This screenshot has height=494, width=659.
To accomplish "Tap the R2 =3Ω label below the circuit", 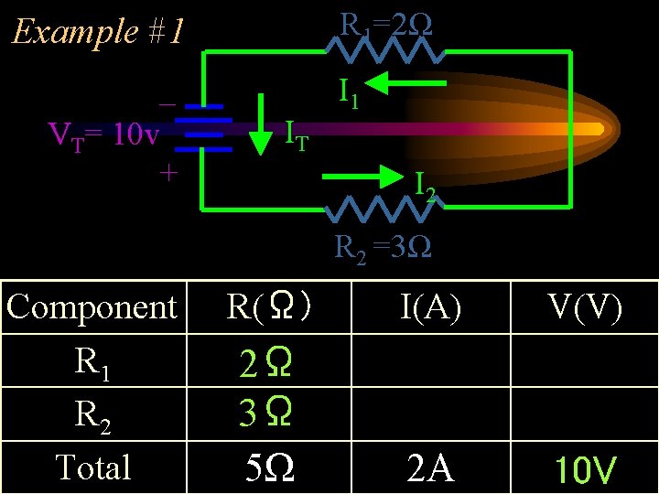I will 384,247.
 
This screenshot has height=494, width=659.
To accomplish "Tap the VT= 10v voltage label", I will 103,136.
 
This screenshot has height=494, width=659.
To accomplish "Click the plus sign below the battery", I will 167,172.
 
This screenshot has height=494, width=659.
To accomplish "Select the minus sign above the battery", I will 167,103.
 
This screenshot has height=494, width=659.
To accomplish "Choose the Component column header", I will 91,306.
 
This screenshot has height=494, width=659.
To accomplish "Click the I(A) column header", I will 430,307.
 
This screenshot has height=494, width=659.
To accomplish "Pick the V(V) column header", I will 587,307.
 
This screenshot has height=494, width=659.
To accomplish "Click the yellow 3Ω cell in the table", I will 266,414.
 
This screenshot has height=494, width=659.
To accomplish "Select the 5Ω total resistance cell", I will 270,468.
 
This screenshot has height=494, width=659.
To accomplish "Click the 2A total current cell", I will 429,468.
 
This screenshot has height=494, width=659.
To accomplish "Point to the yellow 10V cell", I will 586,470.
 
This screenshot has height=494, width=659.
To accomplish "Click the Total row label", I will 92,467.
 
